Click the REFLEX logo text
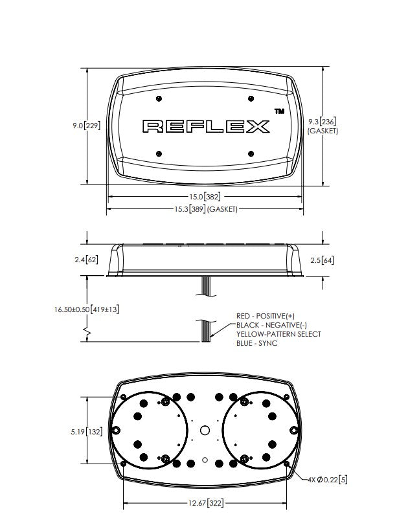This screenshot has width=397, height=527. pos(206,126)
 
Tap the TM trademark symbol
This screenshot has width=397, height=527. pos(279,111)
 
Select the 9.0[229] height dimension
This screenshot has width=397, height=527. pos(86,126)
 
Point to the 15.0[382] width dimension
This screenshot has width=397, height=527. pos(205,196)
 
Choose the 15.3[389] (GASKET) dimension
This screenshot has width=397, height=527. pos(206,209)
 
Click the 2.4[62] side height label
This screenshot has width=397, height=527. pos(86,260)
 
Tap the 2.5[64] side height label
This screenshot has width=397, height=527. pos(322,260)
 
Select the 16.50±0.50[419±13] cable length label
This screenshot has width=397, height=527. pos(86,309)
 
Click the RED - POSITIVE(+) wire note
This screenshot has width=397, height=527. pos(266,316)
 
